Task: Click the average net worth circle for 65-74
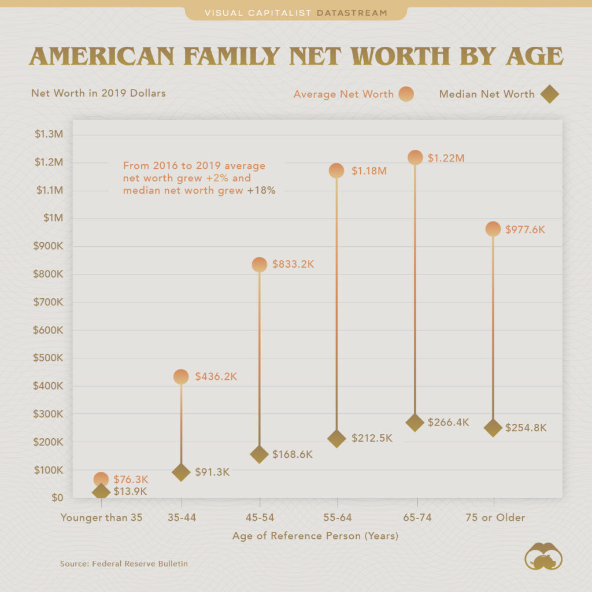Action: [x=415, y=157]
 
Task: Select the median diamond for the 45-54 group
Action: [x=260, y=454]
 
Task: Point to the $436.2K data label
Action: [x=216, y=376]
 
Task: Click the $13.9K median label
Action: [x=129, y=491]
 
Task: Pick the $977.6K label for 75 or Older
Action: [x=525, y=230]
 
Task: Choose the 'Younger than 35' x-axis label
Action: [x=101, y=517]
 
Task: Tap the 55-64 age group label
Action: [x=337, y=517]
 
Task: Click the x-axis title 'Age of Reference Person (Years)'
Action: [x=316, y=536]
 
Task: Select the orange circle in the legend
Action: [x=406, y=94]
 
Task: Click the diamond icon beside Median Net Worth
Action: [x=549, y=94]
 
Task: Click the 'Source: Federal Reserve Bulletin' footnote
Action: [x=124, y=563]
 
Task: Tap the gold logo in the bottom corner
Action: [x=543, y=556]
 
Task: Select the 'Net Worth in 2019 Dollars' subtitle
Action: [x=98, y=93]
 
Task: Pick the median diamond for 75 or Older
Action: [x=493, y=428]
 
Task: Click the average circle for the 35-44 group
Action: [x=181, y=377]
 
